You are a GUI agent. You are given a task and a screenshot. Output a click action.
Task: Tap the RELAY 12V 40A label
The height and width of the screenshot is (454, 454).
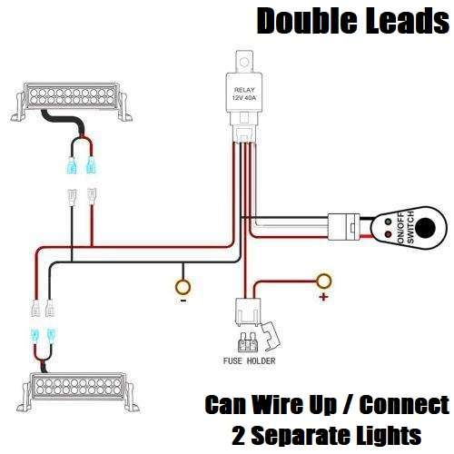(245, 94)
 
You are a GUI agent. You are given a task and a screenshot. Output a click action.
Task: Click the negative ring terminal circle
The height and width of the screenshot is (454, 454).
(183, 290)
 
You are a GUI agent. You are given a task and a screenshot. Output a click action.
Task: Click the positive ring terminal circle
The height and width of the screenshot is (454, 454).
(322, 281)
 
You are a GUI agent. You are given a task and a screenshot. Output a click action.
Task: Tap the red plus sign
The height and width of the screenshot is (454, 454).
(321, 298)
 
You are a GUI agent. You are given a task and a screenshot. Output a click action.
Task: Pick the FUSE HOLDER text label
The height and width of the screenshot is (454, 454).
(250, 361)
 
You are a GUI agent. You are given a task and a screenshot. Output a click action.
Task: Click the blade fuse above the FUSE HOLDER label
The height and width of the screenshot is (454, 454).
(248, 343)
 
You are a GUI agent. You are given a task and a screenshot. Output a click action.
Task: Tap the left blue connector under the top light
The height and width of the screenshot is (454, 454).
(72, 166)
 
